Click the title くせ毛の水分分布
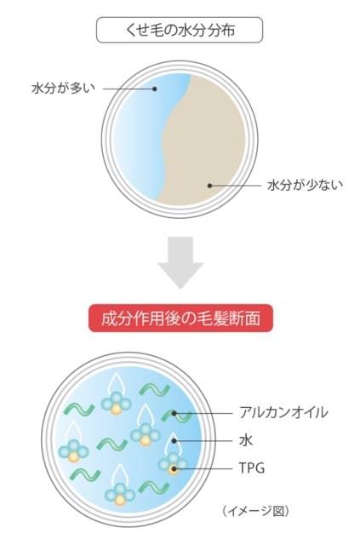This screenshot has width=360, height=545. [x=180, y=31]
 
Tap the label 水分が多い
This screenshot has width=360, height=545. [x=63, y=89]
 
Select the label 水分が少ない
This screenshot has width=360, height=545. [x=305, y=185]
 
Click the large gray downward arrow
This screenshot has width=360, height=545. [x=180, y=262]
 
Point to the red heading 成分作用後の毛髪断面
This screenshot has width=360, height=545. [x=180, y=318]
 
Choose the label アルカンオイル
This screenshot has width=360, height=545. [x=283, y=412]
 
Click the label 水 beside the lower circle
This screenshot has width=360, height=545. [x=246, y=440]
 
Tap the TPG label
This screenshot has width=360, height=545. [x=252, y=468]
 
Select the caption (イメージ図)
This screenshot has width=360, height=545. [x=255, y=511]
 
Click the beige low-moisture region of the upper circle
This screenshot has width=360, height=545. [x=205, y=139]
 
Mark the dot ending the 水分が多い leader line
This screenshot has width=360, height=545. [x=155, y=89]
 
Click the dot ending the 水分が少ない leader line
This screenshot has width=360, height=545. [x=210, y=186]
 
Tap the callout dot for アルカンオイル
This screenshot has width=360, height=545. [x=174, y=413]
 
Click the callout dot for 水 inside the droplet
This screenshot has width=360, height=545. [x=174, y=441]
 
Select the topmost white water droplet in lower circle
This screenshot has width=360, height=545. [x=115, y=383]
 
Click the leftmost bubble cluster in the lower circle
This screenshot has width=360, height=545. [x=73, y=450]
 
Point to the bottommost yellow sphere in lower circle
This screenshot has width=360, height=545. [x=119, y=500]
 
